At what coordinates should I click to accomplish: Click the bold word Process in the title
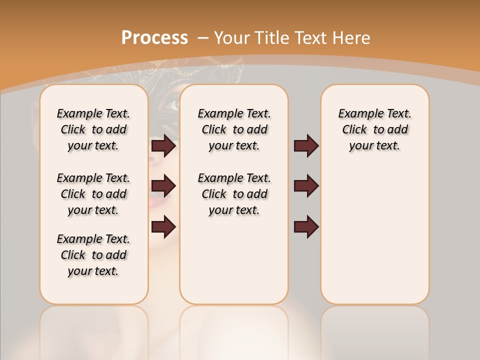pyautogui.click(x=154, y=37)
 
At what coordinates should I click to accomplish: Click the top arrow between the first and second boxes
pyautogui.click(x=163, y=145)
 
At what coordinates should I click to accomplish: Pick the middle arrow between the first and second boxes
pyautogui.click(x=163, y=186)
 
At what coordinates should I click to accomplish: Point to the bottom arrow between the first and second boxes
pyautogui.click(x=163, y=226)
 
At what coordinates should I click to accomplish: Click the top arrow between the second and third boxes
pyautogui.click(x=306, y=145)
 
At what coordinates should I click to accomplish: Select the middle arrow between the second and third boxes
pyautogui.click(x=306, y=186)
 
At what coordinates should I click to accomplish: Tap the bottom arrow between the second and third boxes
pyautogui.click(x=306, y=226)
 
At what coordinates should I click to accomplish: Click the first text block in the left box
pyautogui.click(x=93, y=129)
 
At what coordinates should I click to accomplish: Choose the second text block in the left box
pyautogui.click(x=93, y=194)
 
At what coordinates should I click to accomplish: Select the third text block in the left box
pyautogui.click(x=93, y=255)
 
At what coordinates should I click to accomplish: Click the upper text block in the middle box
pyautogui.click(x=234, y=129)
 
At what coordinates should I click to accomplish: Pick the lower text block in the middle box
pyautogui.click(x=234, y=194)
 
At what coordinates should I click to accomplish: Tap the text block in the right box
pyautogui.click(x=374, y=129)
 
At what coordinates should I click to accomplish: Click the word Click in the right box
pyautogui.click(x=354, y=130)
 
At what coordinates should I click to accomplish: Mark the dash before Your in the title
pyautogui.click(x=203, y=37)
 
